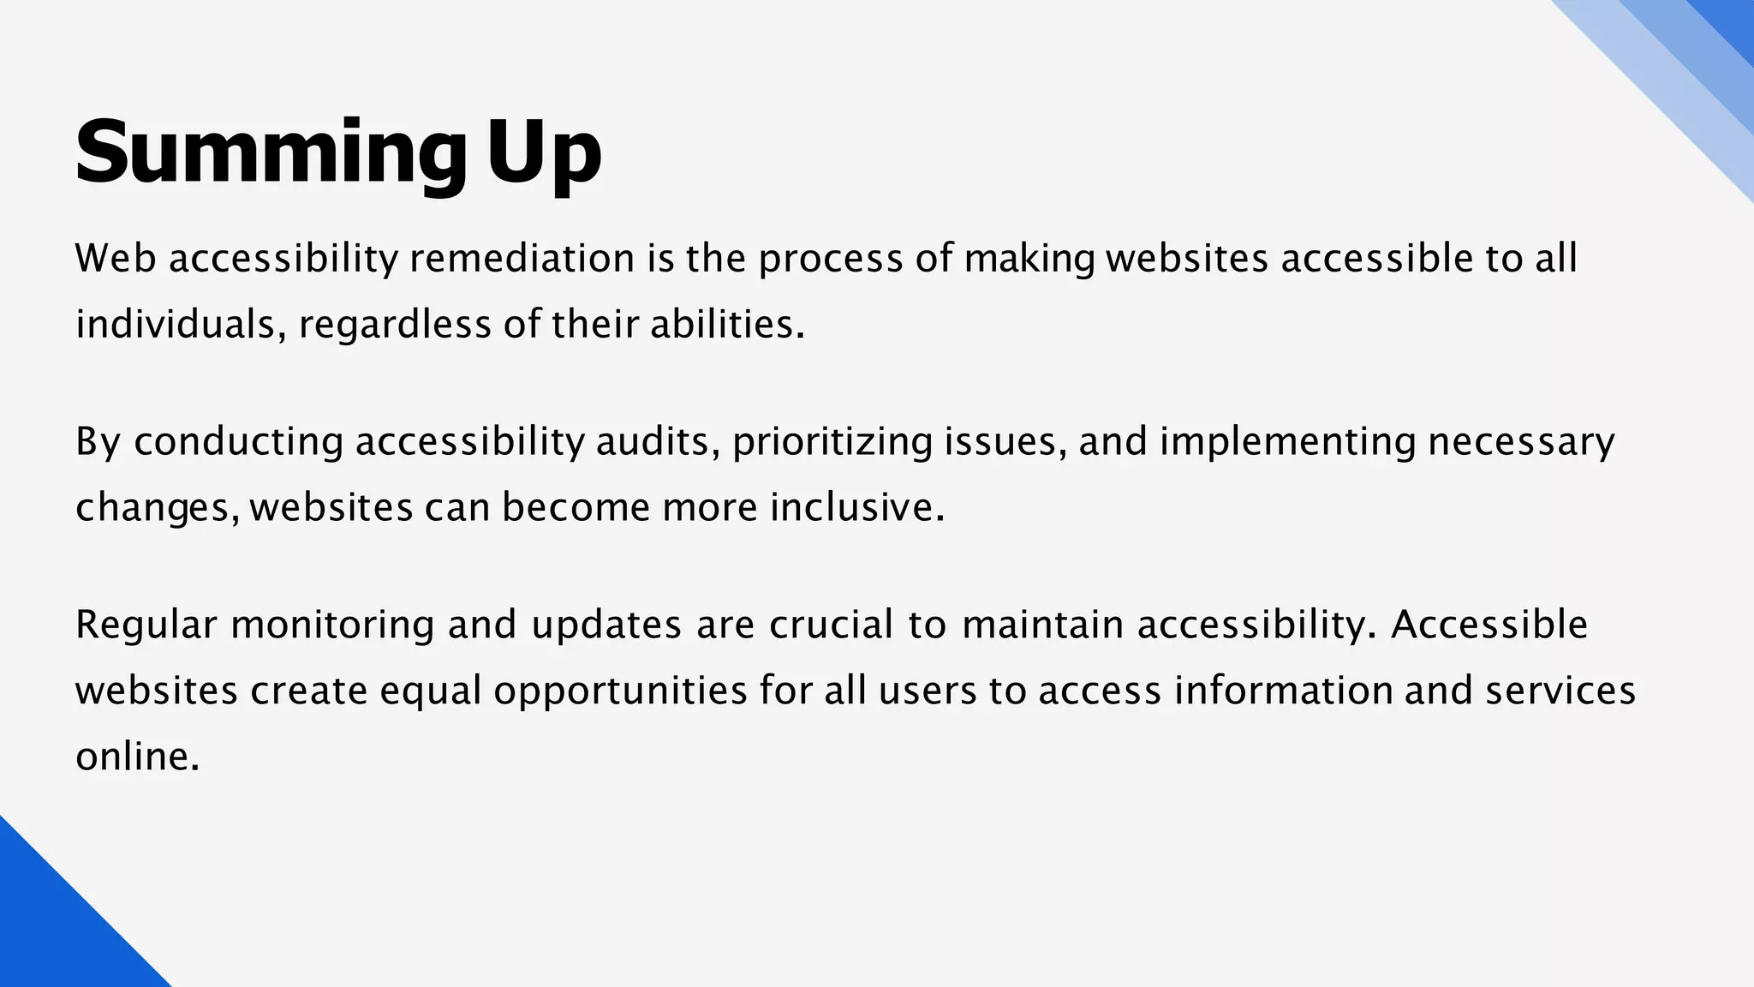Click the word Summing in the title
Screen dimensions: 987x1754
(271, 153)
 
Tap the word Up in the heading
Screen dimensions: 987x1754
(545, 153)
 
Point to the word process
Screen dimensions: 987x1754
(830, 259)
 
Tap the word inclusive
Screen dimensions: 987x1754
(856, 507)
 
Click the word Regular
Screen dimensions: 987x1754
(146, 625)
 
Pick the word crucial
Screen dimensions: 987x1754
(832, 625)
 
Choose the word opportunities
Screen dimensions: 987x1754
(620, 691)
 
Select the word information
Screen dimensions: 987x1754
(1283, 691)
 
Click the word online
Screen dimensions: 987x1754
(137, 757)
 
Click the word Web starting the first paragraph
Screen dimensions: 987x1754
(116, 259)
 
